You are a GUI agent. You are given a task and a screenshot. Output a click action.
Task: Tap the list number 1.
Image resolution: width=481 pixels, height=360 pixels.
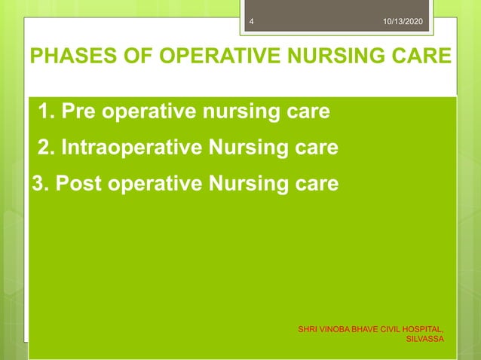44,112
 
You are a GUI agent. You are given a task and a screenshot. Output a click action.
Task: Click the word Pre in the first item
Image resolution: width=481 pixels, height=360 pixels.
78,112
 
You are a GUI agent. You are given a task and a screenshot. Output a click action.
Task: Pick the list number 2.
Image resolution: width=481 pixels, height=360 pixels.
44,148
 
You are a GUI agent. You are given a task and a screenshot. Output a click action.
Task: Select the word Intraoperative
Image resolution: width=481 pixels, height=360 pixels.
130,148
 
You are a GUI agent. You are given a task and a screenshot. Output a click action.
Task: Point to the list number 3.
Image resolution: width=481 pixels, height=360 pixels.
38,183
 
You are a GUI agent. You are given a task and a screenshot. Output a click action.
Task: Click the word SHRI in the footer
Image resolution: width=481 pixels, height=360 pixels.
308,329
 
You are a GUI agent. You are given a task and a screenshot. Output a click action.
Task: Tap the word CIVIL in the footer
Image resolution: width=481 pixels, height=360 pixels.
388,329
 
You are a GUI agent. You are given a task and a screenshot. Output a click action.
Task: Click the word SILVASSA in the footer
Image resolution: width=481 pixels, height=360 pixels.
424,339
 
